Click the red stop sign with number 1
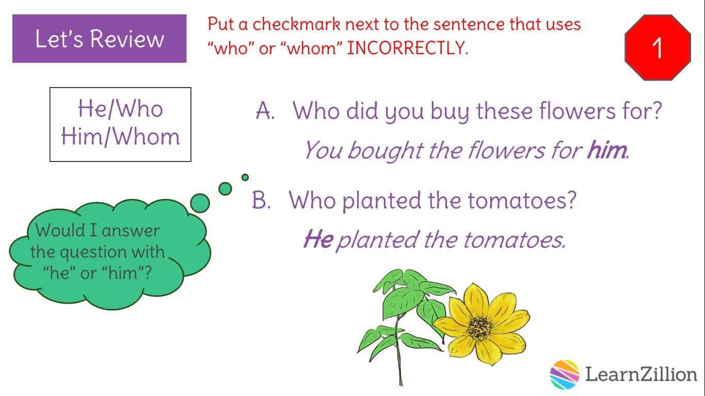pos(658,47)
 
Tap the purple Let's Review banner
pos(99,39)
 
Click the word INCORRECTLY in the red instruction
pos(407,48)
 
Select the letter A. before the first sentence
pos(265,111)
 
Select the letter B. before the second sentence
pos(262,200)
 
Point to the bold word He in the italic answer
pos(318,239)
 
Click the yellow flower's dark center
pos(479,328)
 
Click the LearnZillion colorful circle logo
pos(565,374)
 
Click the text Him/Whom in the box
pos(120,137)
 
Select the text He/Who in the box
pos(120,109)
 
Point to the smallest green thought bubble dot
pos(245,177)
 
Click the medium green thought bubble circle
pos(225,189)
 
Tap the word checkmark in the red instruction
pos(296,24)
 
